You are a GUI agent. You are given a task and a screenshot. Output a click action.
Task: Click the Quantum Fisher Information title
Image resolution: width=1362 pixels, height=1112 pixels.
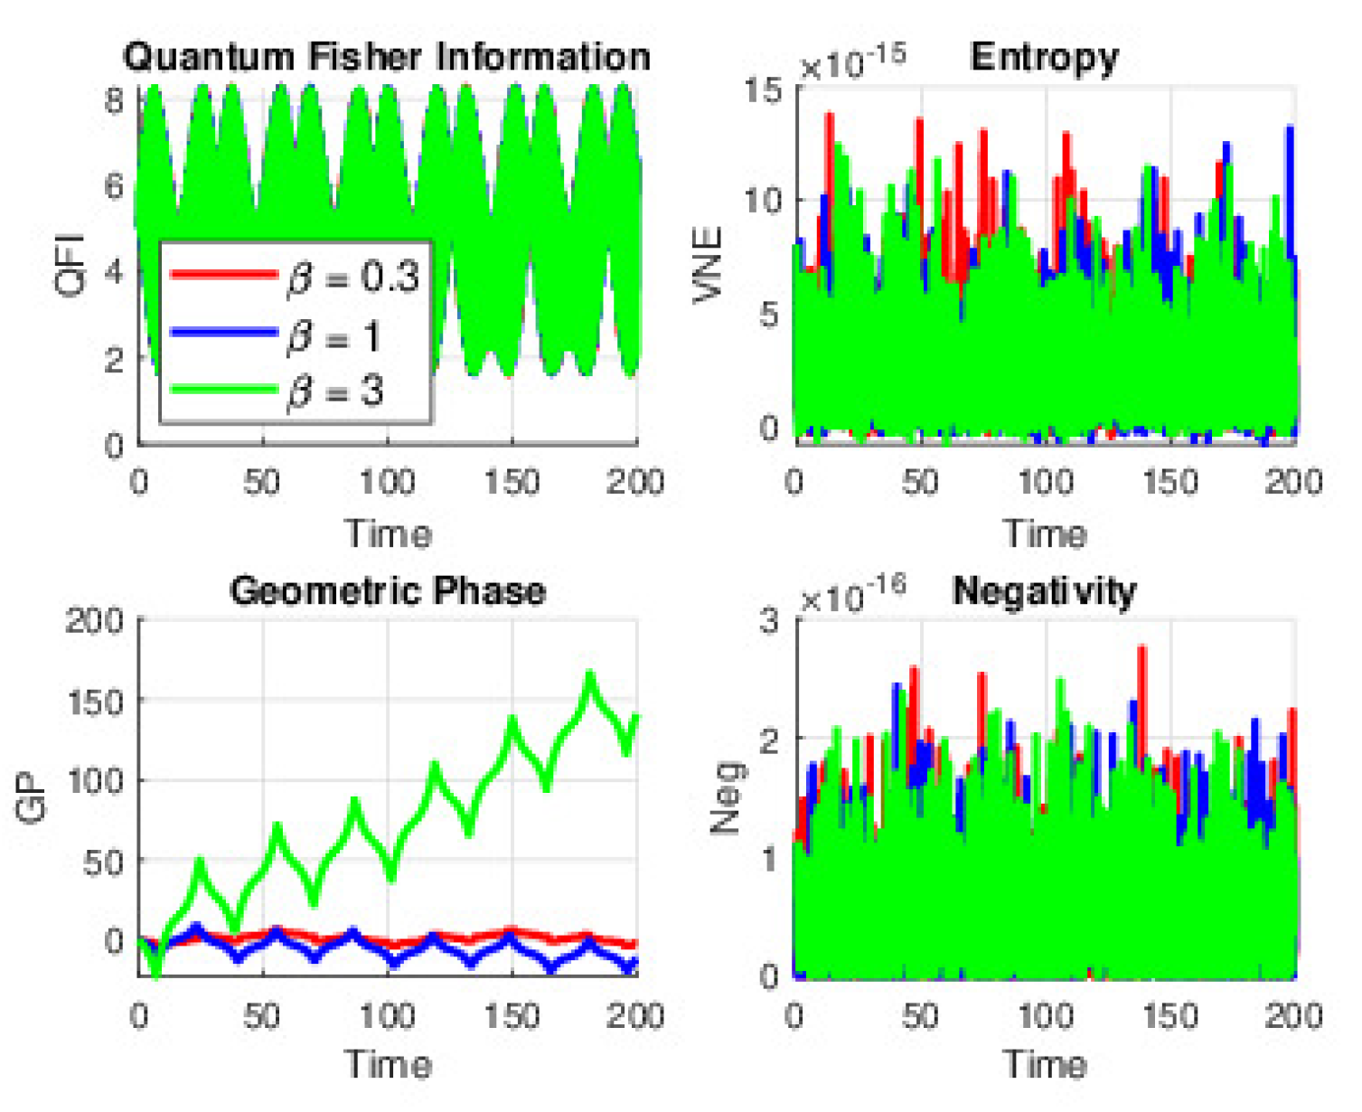coord(387,57)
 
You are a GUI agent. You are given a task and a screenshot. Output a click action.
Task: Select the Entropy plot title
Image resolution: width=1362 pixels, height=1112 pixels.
coord(1044,57)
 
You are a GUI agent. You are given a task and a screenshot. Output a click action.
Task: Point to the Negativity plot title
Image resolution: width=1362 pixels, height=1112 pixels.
coord(1044,591)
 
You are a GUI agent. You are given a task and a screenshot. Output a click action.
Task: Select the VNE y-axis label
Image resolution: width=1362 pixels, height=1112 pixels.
coord(708,264)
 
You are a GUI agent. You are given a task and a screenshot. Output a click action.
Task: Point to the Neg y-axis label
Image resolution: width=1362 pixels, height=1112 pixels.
coord(727,797)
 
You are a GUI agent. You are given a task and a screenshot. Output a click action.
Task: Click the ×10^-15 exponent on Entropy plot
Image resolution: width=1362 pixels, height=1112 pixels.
coord(852,62)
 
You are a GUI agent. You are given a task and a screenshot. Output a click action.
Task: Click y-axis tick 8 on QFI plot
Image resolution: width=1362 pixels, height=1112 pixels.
coord(114,99)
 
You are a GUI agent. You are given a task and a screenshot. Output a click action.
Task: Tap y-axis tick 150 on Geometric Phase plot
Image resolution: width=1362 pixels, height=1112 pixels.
coord(96,702)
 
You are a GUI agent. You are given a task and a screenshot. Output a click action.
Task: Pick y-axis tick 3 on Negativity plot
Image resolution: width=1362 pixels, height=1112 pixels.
coord(769,621)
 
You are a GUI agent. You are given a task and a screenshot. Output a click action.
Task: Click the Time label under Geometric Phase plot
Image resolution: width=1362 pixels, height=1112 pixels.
coord(388,1064)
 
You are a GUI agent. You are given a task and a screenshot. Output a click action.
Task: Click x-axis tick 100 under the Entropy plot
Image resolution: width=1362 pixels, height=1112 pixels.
coord(1045,482)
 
